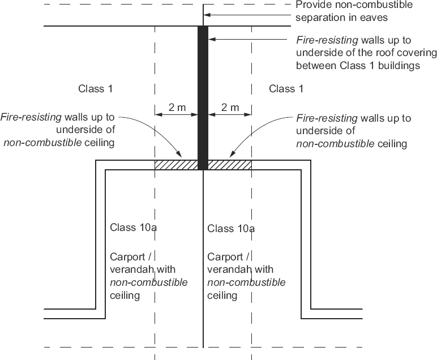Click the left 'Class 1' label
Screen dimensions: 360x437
pos(99,89)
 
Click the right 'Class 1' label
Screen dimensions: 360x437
pos(290,89)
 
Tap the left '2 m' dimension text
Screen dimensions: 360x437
pos(175,107)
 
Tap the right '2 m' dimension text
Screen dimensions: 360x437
pos(229,107)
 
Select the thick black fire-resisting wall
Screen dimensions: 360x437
pos(203,96)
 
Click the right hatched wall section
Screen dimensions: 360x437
pos(230,165)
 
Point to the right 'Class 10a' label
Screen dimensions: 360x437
pos(231,229)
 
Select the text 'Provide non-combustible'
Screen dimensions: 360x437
pos(354,5)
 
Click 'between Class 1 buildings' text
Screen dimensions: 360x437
pos(357,66)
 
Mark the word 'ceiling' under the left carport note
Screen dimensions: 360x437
pos(125,295)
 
